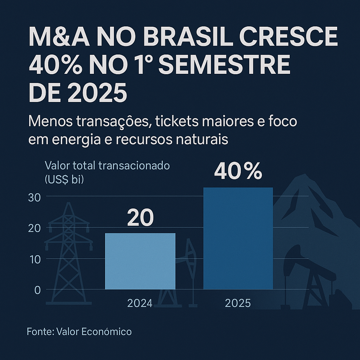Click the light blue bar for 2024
click(x=140, y=261)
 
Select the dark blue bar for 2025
click(x=238, y=238)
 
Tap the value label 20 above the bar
click(x=140, y=218)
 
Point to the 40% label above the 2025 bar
click(x=238, y=172)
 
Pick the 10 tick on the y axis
click(x=34, y=259)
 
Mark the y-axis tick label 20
click(x=34, y=228)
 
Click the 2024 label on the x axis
click(x=140, y=303)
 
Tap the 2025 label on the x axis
click(x=238, y=303)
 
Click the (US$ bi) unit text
click(x=64, y=179)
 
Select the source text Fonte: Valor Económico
click(x=79, y=331)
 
